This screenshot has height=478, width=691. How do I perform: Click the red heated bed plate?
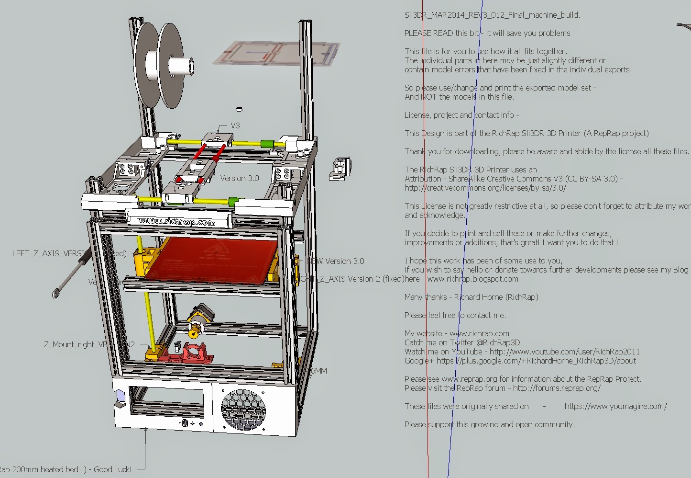(210, 259)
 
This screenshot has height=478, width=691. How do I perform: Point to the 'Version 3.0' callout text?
(239, 178)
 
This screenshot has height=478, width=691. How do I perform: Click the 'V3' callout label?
(235, 125)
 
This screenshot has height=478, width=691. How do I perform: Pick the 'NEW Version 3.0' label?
(335, 261)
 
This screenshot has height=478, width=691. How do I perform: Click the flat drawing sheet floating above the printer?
(276, 53)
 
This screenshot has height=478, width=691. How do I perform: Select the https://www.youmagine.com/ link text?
(615, 406)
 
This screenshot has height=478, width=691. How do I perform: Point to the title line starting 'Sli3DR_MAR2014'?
(492, 15)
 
